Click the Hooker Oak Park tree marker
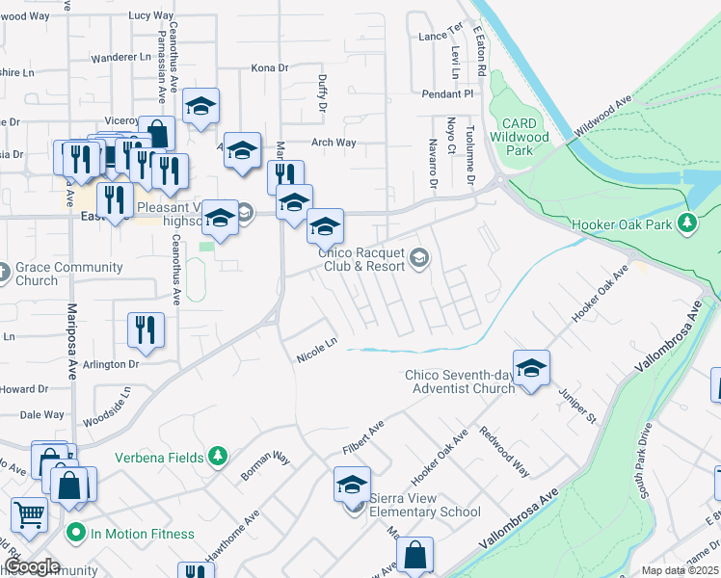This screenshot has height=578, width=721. (686, 223)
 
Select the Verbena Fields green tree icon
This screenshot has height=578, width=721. (219, 455)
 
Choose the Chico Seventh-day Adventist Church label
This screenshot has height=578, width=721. (461, 381)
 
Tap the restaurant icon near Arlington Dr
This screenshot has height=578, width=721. (146, 329)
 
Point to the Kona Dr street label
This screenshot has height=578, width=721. (270, 68)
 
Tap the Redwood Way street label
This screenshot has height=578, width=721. (504, 451)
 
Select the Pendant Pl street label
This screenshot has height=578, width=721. (449, 94)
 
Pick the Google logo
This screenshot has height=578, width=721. (33, 566)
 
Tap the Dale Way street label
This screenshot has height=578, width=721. (42, 414)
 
